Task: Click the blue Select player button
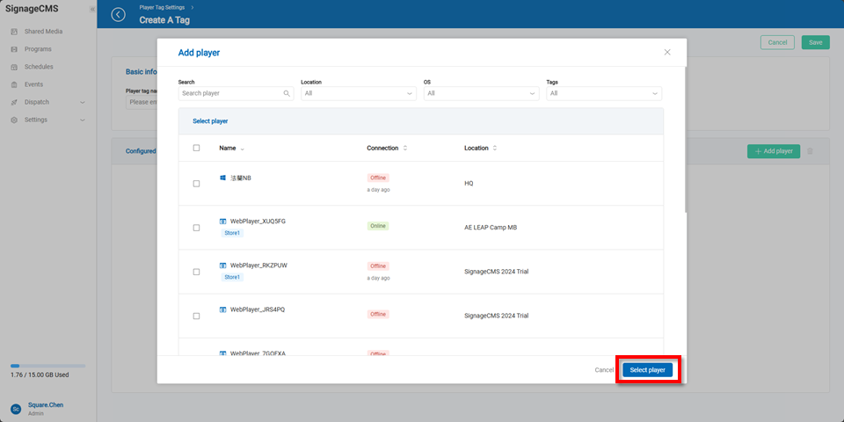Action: pyautogui.click(x=648, y=370)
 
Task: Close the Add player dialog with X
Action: pyautogui.click(x=667, y=53)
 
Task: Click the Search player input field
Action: pyautogui.click(x=230, y=93)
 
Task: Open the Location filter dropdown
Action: pyautogui.click(x=358, y=93)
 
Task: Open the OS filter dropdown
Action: pyautogui.click(x=481, y=93)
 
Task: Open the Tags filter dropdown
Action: pyautogui.click(x=603, y=93)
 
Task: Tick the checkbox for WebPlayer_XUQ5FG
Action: pyautogui.click(x=196, y=228)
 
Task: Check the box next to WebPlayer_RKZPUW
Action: pyautogui.click(x=196, y=272)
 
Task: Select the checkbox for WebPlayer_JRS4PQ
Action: pyautogui.click(x=196, y=316)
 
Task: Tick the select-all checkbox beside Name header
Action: pyautogui.click(x=196, y=149)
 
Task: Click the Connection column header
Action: pyautogui.click(x=382, y=149)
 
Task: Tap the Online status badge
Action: pyautogui.click(x=378, y=226)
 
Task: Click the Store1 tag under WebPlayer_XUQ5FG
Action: pyautogui.click(x=232, y=233)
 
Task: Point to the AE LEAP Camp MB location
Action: pyautogui.click(x=491, y=227)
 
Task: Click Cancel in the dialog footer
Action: pyautogui.click(x=604, y=370)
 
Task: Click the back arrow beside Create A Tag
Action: pyautogui.click(x=119, y=15)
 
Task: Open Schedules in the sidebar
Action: pyautogui.click(x=39, y=67)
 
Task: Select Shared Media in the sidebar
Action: pyautogui.click(x=43, y=32)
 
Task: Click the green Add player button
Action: pyautogui.click(x=774, y=151)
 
